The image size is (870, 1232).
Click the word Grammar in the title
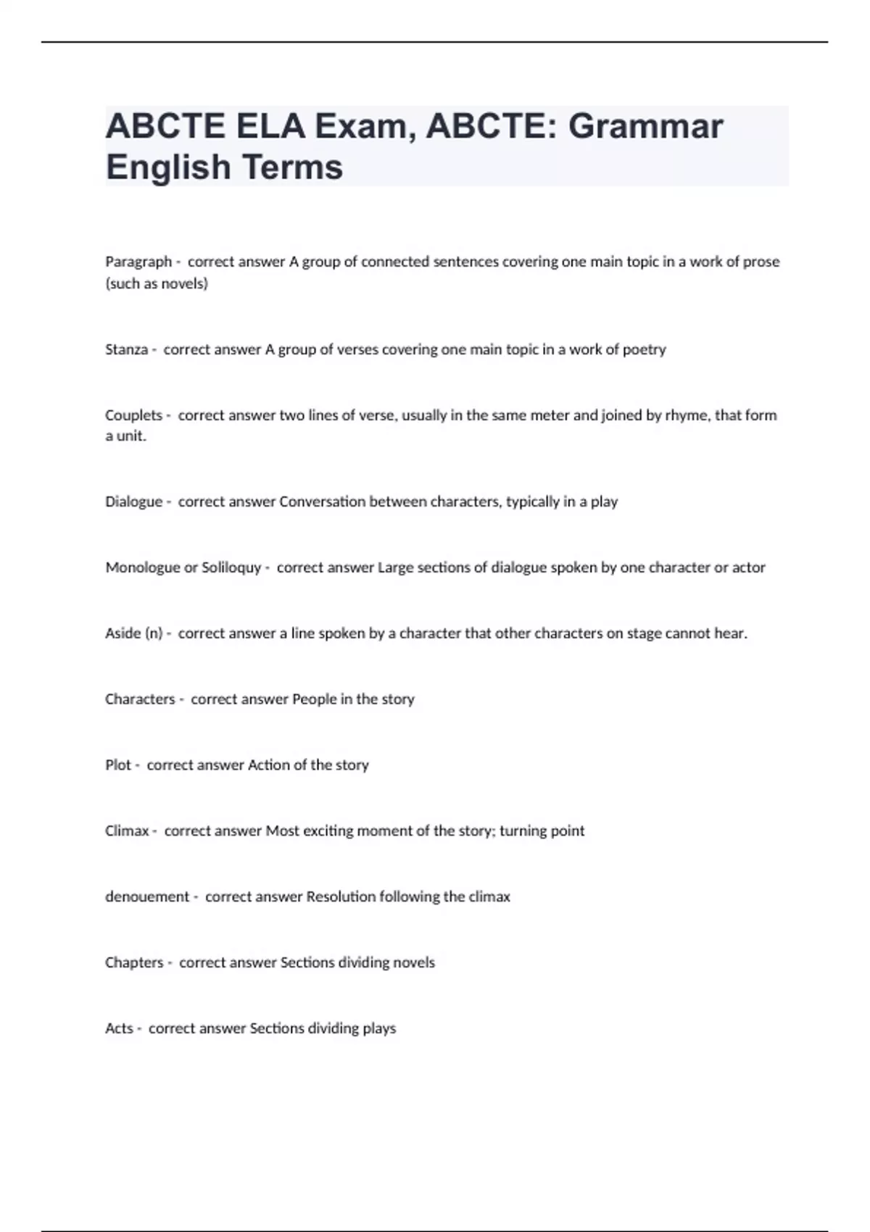pyautogui.click(x=645, y=127)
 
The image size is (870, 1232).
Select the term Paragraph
pyautogui.click(x=138, y=262)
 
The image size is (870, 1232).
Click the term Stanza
pyautogui.click(x=126, y=349)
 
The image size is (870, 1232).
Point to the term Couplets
pyautogui.click(x=133, y=415)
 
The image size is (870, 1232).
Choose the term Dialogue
pyautogui.click(x=133, y=501)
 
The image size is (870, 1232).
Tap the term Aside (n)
pyautogui.click(x=133, y=633)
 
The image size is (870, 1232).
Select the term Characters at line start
pyautogui.click(x=140, y=699)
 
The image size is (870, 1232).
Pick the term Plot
pyautogui.click(x=118, y=765)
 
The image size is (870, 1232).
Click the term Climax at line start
pyautogui.click(x=127, y=831)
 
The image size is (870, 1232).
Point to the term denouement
pyautogui.click(x=147, y=896)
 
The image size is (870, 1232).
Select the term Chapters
pyautogui.click(x=134, y=962)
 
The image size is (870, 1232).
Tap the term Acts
pyautogui.click(x=119, y=1028)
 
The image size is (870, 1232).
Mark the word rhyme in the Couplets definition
pyautogui.click(x=686, y=415)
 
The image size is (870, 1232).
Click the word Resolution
pyautogui.click(x=341, y=896)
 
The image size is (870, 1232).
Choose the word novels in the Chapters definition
pyautogui.click(x=413, y=962)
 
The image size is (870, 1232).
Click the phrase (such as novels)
pyautogui.click(x=157, y=283)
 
